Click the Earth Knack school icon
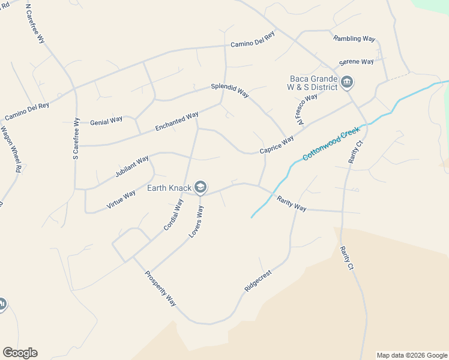pyautogui.click(x=200, y=188)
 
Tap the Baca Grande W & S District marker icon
pyautogui.click(x=347, y=82)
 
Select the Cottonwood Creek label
pyautogui.click(x=331, y=143)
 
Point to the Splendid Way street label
pyautogui.click(x=229, y=87)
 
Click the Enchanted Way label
pyautogui.click(x=176, y=122)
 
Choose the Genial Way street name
pyautogui.click(x=106, y=122)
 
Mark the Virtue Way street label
pyautogui.click(x=121, y=199)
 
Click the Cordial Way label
pyautogui.click(x=173, y=215)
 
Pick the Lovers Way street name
pyautogui.click(x=196, y=222)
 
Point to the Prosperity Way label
pyautogui.click(x=160, y=288)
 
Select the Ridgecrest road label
pyautogui.click(x=258, y=281)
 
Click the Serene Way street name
pyautogui.click(x=356, y=62)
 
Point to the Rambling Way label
pyautogui.click(x=354, y=38)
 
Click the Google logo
pyautogui.click(x=20, y=353)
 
